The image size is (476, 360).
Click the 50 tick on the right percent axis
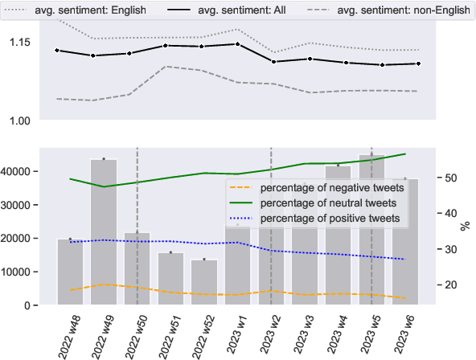[451, 178]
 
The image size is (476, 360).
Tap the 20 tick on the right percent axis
[451, 285]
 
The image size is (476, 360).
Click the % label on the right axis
[465, 227]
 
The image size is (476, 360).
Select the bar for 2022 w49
[104, 232]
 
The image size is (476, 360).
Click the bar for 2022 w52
[204, 282]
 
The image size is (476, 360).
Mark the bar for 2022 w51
[170, 279]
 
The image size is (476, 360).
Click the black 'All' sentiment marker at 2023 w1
[238, 44]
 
